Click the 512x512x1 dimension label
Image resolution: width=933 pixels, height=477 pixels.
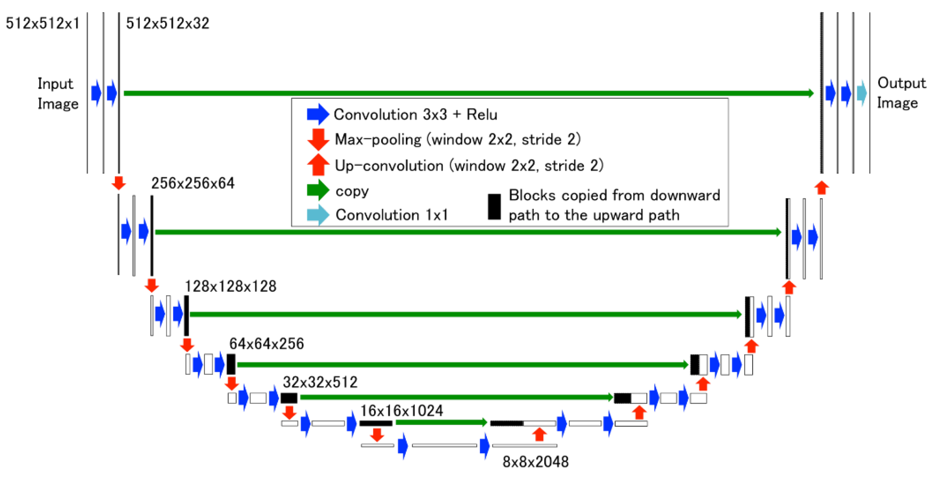coord(42,23)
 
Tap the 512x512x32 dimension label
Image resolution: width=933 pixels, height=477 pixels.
coord(167,23)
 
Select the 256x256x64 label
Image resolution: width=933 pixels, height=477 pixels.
coord(193,183)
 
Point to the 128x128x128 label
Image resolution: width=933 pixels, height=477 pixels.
coord(230,287)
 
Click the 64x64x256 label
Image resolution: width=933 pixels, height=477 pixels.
coord(267,344)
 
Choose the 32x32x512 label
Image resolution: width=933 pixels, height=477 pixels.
coord(320,382)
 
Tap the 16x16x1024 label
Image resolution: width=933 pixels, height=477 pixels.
coord(401,411)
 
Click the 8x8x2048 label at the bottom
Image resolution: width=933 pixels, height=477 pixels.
coord(535,462)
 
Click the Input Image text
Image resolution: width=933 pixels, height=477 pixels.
coord(57,94)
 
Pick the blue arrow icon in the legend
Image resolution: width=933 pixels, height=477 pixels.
coord(318,114)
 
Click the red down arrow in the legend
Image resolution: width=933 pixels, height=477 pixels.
coord(318,140)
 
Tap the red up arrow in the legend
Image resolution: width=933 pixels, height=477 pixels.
coord(318,165)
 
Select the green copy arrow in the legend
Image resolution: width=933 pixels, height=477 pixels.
coord(318,190)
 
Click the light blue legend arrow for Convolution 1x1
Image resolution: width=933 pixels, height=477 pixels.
coord(318,215)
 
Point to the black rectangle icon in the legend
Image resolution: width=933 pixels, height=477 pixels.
coord(494,207)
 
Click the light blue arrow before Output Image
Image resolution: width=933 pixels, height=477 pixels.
coord(862,93)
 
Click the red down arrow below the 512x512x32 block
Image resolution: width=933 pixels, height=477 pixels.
coord(119,183)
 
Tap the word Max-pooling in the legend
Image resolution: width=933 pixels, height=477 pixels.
coord(378,140)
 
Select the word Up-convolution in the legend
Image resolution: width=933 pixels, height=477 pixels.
coord(389,166)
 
